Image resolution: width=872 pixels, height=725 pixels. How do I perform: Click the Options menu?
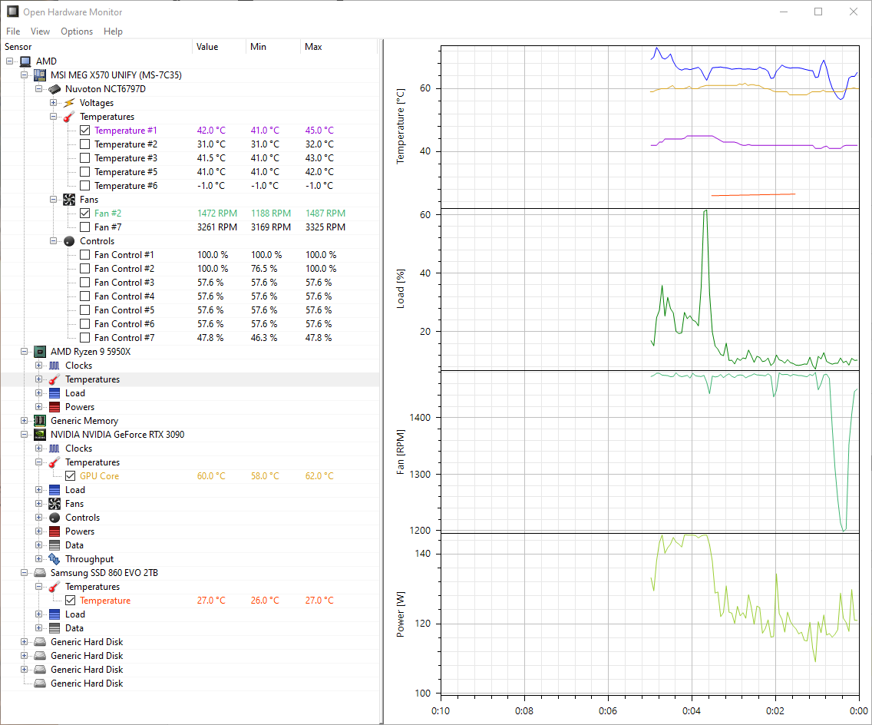tap(77, 31)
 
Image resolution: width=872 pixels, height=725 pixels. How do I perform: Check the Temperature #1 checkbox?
tap(85, 131)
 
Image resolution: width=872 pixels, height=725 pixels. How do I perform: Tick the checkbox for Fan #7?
tap(85, 227)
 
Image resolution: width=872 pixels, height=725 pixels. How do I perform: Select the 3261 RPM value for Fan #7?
tap(216, 227)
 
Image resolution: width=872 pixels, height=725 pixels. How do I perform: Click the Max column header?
tap(313, 47)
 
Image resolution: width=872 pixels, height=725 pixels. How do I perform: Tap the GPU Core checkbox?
tap(71, 476)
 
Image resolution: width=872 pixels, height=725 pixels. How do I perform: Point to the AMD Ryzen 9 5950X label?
tap(91, 352)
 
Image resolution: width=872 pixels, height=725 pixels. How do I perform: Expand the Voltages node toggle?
tap(54, 103)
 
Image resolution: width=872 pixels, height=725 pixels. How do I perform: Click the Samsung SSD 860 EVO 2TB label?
tap(104, 573)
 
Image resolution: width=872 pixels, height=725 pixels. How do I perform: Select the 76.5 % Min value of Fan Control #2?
tap(266, 269)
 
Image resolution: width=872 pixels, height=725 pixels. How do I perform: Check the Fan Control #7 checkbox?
tap(85, 338)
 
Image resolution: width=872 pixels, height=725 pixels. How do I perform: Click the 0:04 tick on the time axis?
tap(691, 711)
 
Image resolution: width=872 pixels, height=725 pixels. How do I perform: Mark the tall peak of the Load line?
tap(705, 211)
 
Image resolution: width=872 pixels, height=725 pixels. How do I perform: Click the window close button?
tap(854, 12)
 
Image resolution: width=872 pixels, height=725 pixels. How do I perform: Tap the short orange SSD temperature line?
tap(752, 194)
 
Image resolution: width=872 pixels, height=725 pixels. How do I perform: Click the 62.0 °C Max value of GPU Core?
tap(319, 476)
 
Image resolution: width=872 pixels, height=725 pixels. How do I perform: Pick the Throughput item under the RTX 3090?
tap(89, 559)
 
